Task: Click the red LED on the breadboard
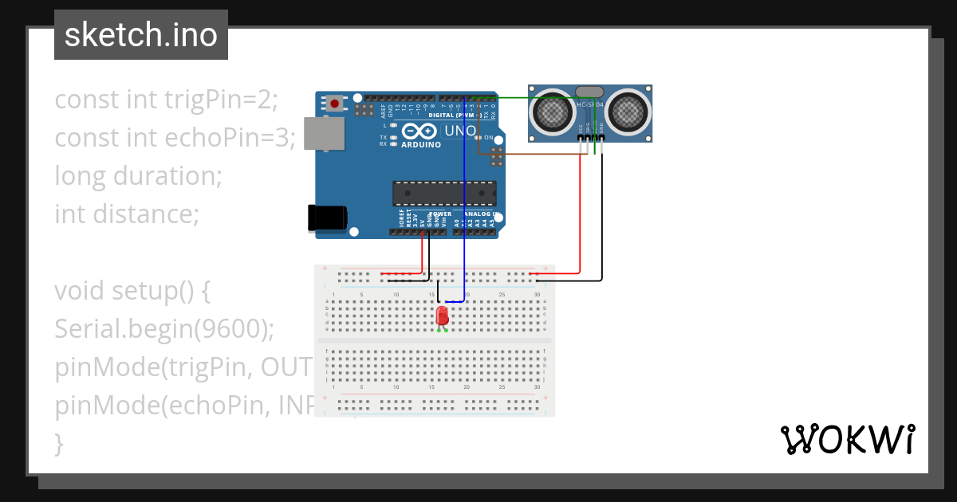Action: click(x=443, y=316)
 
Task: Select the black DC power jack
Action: click(x=327, y=218)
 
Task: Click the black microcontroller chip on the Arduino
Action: click(x=443, y=194)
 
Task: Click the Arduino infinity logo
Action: click(x=419, y=131)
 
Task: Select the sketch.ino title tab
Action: click(x=141, y=35)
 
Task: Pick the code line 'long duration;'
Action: click(x=138, y=175)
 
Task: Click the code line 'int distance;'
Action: click(x=126, y=214)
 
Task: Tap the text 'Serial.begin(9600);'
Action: click(x=164, y=328)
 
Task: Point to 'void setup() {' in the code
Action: click(x=132, y=290)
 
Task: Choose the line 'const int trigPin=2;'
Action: click(x=166, y=99)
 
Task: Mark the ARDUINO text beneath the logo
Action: click(x=420, y=145)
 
